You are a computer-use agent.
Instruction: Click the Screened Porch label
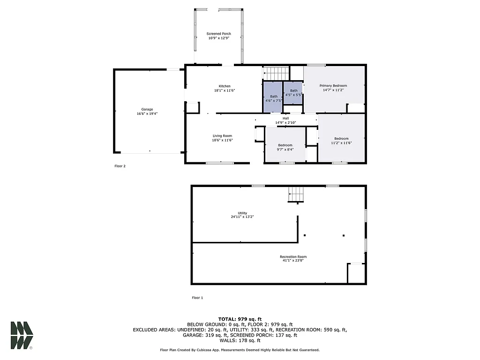(x=219, y=34)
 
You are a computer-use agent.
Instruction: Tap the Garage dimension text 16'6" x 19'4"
(x=147, y=113)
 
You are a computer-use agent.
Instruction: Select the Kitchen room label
(x=225, y=86)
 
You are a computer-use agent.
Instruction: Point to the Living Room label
(x=222, y=136)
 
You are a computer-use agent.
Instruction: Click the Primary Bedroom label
(x=333, y=86)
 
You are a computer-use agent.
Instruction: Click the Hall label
(x=285, y=119)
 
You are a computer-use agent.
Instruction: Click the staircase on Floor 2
(x=276, y=74)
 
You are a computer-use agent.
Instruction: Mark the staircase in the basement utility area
(x=296, y=194)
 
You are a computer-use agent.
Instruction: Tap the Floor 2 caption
(x=120, y=166)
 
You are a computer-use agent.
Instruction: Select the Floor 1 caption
(x=197, y=298)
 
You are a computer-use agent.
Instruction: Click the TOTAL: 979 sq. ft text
(x=240, y=319)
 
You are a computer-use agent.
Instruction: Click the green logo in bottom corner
(x=22, y=335)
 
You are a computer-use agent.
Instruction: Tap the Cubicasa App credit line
(x=240, y=350)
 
